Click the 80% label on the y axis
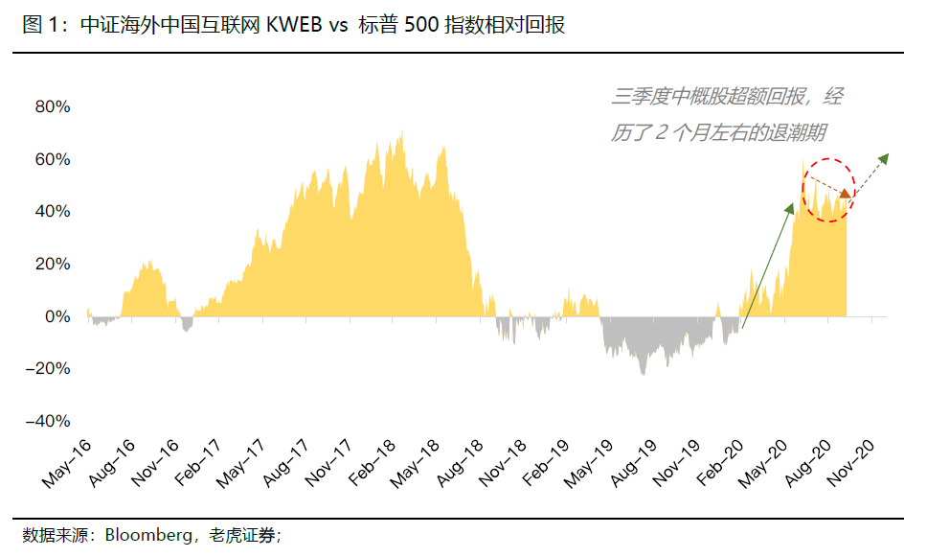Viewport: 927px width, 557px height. [x=53, y=106]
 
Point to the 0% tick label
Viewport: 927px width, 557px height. [x=57, y=316]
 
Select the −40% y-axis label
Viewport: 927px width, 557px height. [x=47, y=421]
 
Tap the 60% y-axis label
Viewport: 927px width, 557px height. [x=53, y=159]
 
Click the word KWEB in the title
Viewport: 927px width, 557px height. [x=292, y=26]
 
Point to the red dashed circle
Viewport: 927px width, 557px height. [x=826, y=190]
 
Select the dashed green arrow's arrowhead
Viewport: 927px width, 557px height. [x=884, y=156]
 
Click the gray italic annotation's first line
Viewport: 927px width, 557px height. [x=727, y=97]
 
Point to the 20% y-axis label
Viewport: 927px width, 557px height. [x=53, y=264]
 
